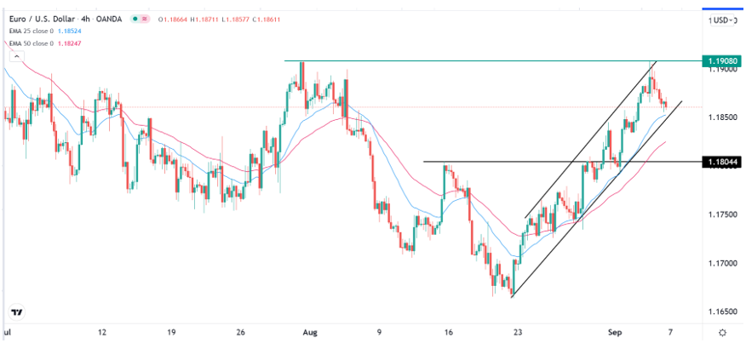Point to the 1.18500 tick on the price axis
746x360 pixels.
[720, 117]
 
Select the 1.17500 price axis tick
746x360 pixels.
[720, 214]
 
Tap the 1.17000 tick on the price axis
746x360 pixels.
[720, 263]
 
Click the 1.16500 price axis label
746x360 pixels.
[720, 311]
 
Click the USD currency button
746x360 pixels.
[721, 20]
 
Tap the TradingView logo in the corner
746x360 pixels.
[17, 311]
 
